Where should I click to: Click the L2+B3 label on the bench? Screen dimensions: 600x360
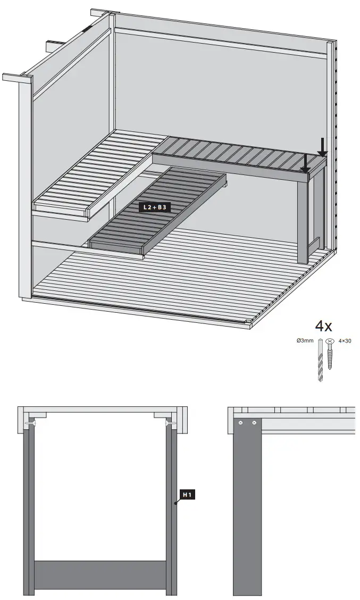(155, 208)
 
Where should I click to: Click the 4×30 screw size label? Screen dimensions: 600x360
(345, 340)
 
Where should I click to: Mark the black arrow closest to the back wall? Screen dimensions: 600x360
(322, 146)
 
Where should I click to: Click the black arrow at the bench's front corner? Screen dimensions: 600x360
(305, 164)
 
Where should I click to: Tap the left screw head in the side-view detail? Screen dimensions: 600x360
(241, 423)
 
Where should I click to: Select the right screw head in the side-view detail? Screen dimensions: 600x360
(254, 423)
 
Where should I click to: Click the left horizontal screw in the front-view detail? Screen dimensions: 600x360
(30, 423)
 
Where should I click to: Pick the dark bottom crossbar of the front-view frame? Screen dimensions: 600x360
(101, 574)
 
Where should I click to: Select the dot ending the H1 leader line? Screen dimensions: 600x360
(175, 502)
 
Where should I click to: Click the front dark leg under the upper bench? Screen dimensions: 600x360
(303, 218)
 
